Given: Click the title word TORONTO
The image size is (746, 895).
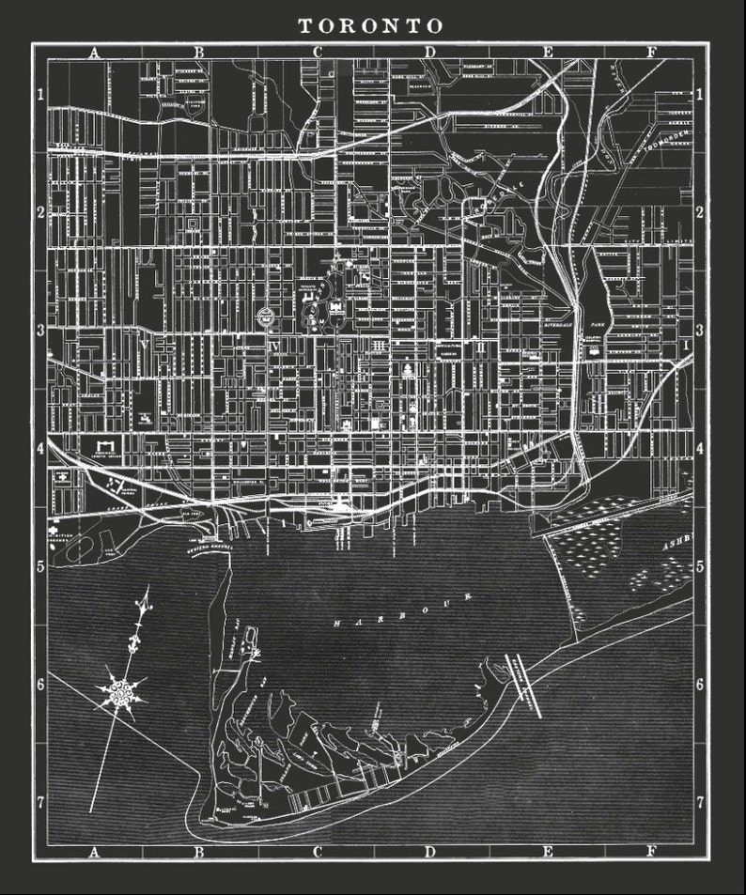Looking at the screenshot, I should pyautogui.click(x=371, y=25).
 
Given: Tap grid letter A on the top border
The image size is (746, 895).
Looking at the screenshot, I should pyautogui.click(x=92, y=53).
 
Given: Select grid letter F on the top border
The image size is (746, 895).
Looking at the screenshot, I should pyautogui.click(x=650, y=53).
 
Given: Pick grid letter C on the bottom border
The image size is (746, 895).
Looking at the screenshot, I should pyautogui.click(x=318, y=853).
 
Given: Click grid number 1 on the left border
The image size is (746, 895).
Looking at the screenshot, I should pyautogui.click(x=40, y=95).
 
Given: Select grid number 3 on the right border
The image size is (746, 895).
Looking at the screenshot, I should pyautogui.click(x=700, y=331).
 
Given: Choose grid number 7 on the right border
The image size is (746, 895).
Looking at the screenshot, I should pyautogui.click(x=700, y=803).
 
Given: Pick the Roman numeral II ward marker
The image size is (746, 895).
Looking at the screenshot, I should pyautogui.click(x=480, y=347).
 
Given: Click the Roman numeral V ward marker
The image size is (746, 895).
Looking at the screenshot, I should pyautogui.click(x=143, y=346).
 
